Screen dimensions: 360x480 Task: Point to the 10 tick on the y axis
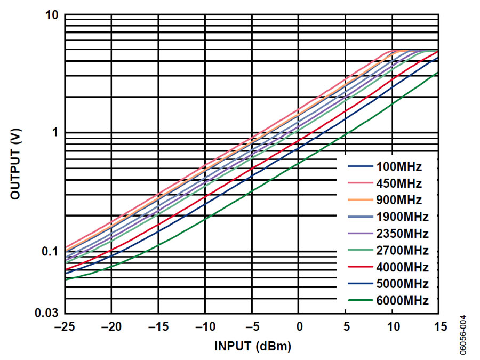pyautogui.click(x=51, y=15)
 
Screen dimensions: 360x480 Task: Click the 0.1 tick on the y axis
pyautogui.click(x=49, y=251)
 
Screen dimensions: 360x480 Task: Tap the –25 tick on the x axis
pyautogui.click(x=65, y=326)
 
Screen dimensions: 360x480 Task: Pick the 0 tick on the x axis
pyautogui.click(x=300, y=326)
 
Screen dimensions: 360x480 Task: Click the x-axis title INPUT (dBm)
pyautogui.click(x=253, y=347)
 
